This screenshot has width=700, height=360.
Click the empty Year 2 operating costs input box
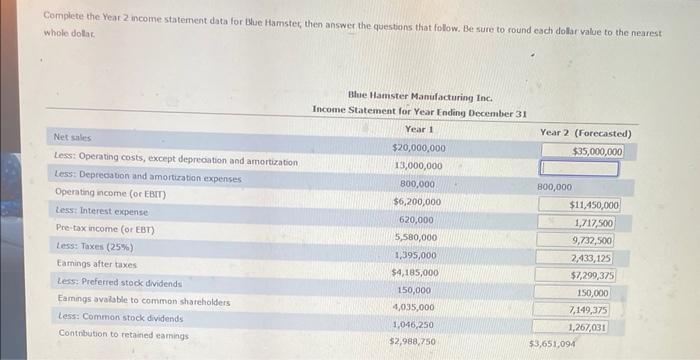(581, 169)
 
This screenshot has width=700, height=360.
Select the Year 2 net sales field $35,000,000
(598, 151)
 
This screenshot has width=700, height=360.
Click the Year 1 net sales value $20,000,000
(418, 148)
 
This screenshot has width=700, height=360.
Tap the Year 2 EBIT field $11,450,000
(594, 205)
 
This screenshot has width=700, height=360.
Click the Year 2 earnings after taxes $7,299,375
(592, 274)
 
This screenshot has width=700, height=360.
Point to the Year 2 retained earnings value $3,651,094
(553, 343)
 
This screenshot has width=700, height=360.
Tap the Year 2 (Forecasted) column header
(585, 132)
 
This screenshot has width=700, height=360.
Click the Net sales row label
(72, 137)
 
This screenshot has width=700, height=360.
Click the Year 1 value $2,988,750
(412, 342)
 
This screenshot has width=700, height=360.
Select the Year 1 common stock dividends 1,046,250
(414, 325)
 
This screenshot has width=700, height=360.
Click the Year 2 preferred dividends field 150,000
(593, 293)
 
